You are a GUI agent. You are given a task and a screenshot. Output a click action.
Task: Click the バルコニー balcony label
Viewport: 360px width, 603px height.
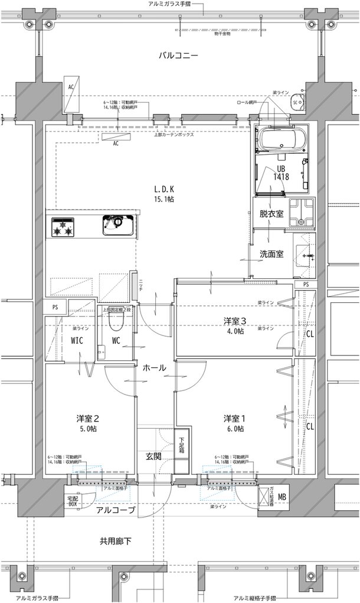coord(178,56)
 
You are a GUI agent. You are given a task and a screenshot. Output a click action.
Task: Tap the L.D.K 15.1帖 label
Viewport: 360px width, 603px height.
coord(164,194)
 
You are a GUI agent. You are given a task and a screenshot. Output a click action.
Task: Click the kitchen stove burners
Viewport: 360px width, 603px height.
coord(63,226)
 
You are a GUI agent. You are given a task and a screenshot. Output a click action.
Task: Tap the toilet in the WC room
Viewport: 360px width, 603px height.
coord(116,321)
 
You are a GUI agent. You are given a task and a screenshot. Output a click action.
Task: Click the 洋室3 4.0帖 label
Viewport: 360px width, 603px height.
coord(234,326)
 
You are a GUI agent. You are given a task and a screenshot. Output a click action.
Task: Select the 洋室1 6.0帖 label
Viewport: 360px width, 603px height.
coord(234,423)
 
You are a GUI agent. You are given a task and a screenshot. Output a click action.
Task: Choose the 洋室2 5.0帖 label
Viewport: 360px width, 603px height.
coord(87,423)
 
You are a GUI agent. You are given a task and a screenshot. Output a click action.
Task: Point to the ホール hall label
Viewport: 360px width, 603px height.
coord(154,368)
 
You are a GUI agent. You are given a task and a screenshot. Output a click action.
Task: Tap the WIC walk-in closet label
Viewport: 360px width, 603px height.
coord(77,341)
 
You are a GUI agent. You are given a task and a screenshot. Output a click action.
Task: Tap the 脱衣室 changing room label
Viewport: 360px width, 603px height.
coord(271,214)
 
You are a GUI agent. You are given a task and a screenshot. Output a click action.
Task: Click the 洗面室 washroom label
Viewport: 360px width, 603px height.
coord(271,255)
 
